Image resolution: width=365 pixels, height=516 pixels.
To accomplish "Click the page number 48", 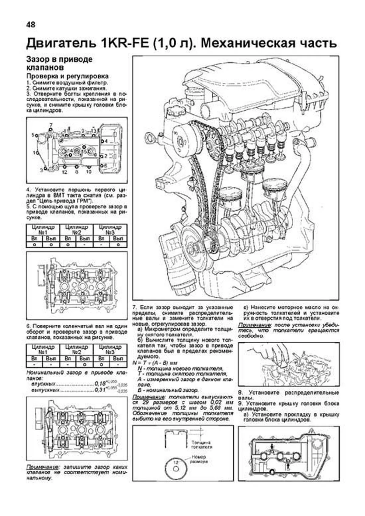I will click(x=31, y=25).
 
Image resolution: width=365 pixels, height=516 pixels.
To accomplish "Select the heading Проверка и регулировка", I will click(x=68, y=76).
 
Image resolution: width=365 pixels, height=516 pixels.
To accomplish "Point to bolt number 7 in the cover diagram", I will click(x=51, y=125).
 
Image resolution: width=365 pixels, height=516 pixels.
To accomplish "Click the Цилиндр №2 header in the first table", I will click(x=77, y=230).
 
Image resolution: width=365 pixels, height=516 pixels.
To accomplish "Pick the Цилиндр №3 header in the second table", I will click(x=110, y=349).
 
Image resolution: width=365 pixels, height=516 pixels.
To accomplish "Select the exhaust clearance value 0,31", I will click(x=100, y=390).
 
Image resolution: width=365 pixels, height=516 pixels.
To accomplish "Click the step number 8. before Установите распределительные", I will click(x=240, y=393).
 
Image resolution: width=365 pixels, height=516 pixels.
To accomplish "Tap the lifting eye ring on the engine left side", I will click(x=151, y=139).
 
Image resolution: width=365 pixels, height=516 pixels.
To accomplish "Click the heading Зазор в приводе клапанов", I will click(x=59, y=63).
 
